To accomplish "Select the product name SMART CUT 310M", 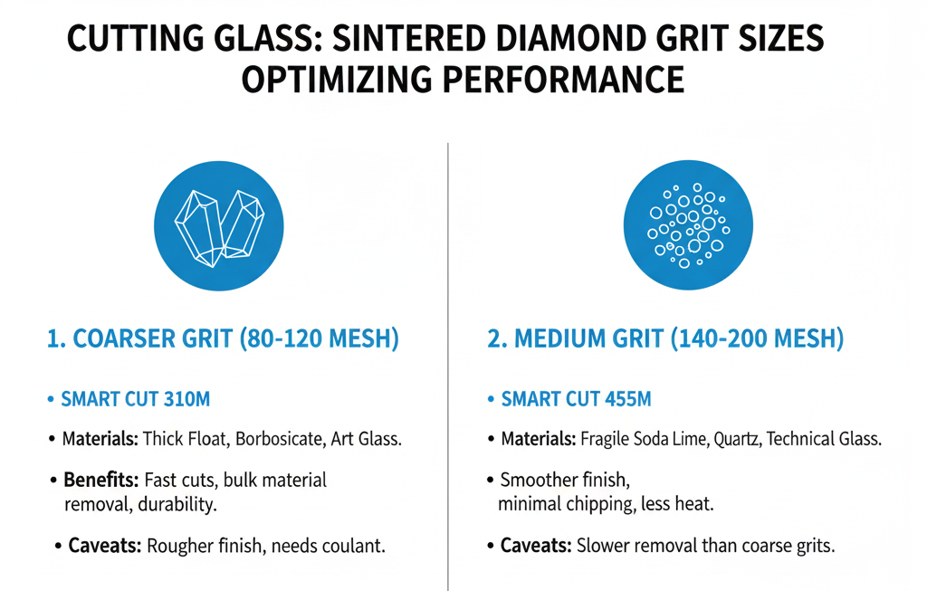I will click(137, 400).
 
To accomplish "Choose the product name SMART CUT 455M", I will click(577, 400).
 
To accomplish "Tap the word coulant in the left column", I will click(354, 546).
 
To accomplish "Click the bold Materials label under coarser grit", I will click(100, 440).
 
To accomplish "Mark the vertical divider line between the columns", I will click(449, 362).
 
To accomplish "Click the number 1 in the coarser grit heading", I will click(53, 340).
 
